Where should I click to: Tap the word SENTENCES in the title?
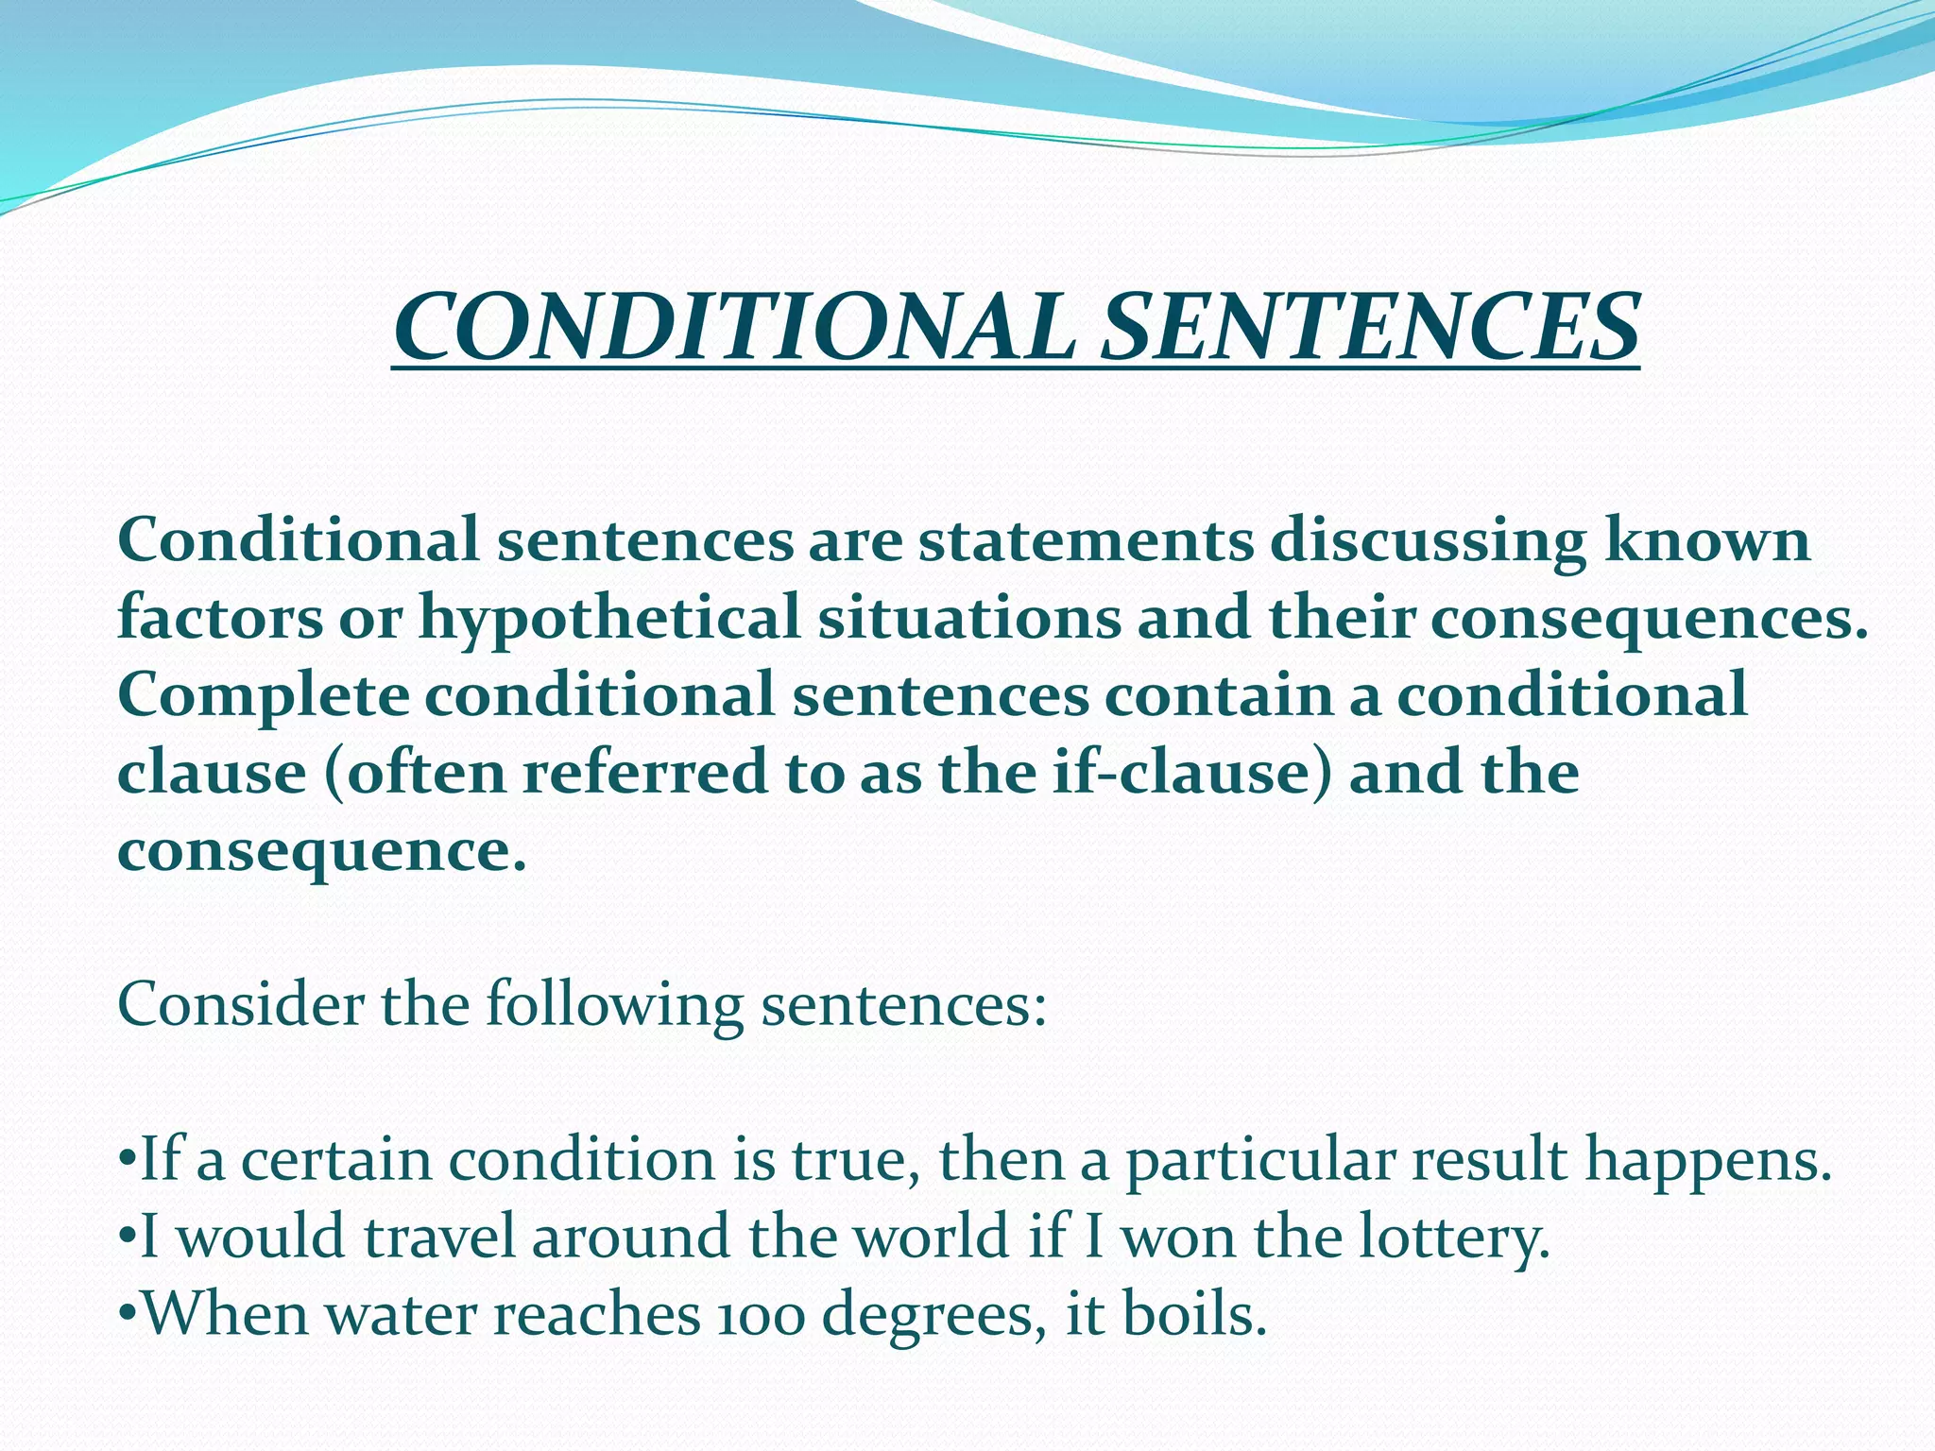coord(1370,327)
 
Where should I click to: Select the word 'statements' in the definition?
coord(1087,541)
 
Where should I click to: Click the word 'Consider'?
coord(240,1004)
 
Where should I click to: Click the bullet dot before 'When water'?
coord(127,1314)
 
